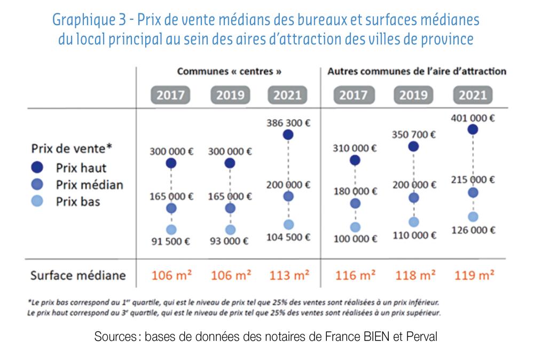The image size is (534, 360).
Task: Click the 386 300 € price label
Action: coord(288,123)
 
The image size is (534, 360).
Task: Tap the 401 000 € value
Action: coord(473,118)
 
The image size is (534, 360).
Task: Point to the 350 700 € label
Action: coord(413,135)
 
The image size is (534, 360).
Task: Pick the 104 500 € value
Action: coord(288,237)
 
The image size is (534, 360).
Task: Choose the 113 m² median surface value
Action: coord(289,276)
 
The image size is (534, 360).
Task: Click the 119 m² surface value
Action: coord(473,276)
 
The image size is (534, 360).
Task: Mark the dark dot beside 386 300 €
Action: coord(288,135)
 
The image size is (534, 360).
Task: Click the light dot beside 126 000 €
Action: coord(473,216)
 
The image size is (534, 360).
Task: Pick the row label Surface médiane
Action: coord(78,276)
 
